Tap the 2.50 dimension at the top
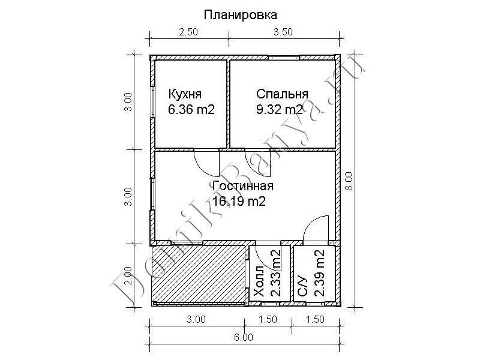(188, 32)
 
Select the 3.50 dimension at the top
(283, 32)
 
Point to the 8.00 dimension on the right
(349, 181)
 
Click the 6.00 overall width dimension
(244, 337)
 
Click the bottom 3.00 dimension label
(196, 320)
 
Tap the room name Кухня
(185, 94)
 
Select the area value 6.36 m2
(191, 109)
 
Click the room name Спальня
(282, 94)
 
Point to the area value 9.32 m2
(280, 109)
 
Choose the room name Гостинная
(243, 186)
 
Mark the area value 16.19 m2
(239, 202)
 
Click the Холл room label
(259, 281)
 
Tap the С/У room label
(302, 286)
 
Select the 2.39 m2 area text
(320, 274)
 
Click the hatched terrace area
(199, 274)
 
